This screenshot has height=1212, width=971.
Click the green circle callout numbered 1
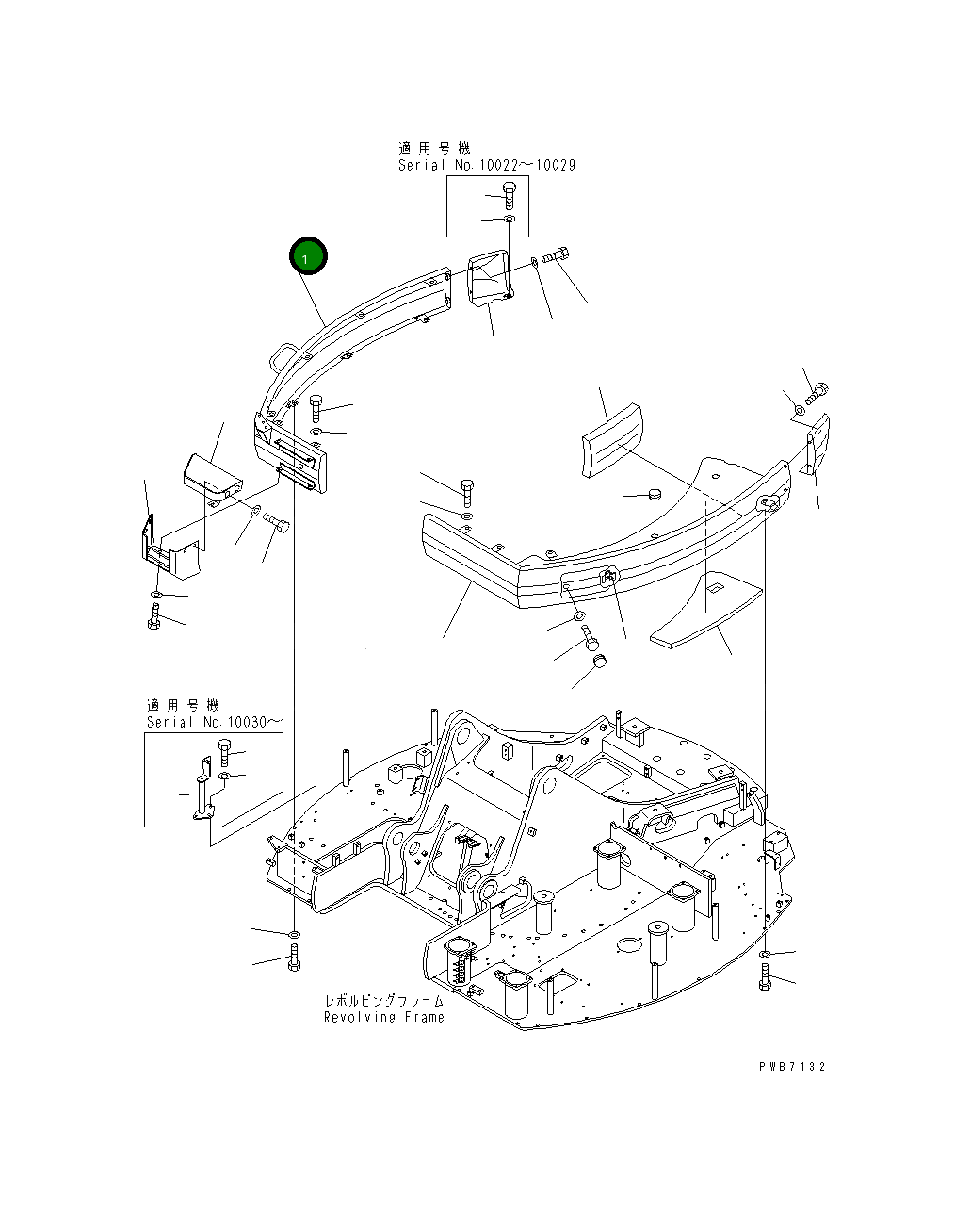click(308, 256)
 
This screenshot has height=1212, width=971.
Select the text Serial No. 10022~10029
click(486, 165)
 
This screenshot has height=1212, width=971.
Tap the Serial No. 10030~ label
click(214, 722)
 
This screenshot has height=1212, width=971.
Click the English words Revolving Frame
click(383, 1018)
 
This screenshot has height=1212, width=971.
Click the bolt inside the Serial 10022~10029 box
click(508, 196)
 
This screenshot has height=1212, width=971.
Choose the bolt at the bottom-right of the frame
click(764, 977)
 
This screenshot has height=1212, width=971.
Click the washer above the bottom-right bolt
click(764, 954)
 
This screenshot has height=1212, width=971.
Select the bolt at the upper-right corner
click(817, 392)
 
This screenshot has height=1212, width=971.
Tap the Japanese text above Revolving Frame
click(383, 1001)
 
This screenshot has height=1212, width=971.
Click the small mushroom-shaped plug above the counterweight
click(653, 496)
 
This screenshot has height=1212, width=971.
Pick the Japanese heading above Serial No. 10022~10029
click(433, 148)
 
